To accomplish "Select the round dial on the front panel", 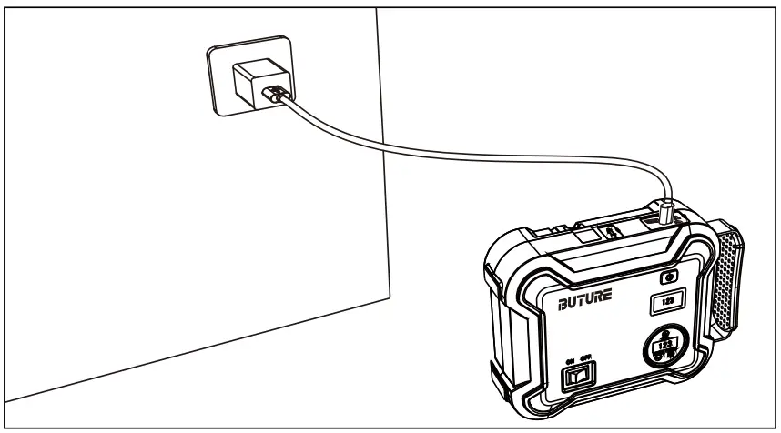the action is coord(668,348).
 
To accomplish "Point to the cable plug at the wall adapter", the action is coord(279,94).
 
